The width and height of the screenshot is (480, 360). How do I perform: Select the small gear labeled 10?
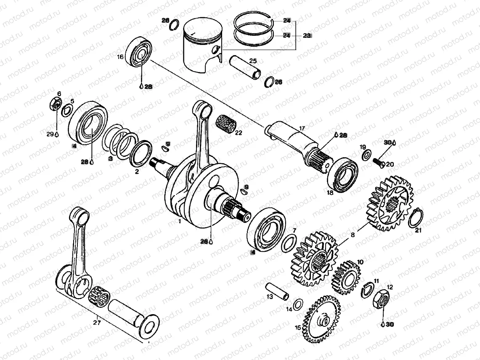pyautogui.click(x=347, y=277)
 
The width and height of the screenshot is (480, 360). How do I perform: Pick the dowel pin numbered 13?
pyautogui.click(x=278, y=291)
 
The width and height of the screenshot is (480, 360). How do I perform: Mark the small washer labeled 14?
pyautogui.click(x=298, y=304)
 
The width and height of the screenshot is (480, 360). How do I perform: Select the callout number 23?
pyautogui.click(x=307, y=36)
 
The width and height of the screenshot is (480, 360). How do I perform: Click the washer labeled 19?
pyautogui.click(x=366, y=156)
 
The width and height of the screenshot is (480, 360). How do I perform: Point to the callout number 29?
pyautogui.click(x=50, y=134)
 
